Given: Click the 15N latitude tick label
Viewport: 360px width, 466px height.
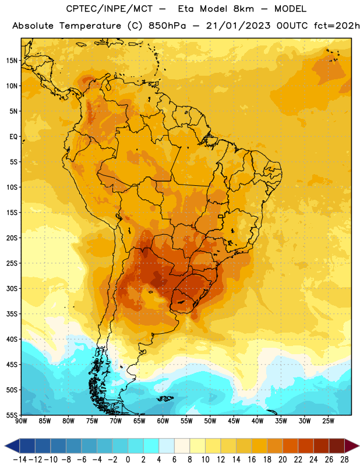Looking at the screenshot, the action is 12,61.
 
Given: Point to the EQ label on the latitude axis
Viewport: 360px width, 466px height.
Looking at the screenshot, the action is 13,137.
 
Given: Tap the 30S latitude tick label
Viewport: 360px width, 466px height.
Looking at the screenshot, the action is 12,288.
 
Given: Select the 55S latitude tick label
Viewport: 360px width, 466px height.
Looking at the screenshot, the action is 12,415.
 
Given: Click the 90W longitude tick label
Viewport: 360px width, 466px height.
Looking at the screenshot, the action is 21,421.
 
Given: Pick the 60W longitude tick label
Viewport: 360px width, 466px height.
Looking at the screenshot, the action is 163,421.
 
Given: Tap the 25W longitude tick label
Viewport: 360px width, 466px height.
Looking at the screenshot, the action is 328,421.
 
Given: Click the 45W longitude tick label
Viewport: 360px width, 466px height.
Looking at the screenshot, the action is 234,421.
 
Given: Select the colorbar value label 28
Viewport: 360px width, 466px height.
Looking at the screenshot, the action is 344,460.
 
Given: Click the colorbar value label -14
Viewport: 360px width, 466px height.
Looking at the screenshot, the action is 20,460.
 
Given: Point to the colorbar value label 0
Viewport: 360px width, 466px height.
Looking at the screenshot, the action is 128,460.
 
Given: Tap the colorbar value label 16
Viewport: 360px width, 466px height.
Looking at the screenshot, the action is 252,460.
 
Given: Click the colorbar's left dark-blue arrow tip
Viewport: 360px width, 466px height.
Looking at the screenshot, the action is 5,446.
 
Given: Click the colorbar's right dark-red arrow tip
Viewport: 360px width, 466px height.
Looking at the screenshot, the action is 359,446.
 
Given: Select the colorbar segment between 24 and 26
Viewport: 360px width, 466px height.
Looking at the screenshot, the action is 322,446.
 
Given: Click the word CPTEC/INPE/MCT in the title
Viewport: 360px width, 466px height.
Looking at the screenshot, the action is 110,9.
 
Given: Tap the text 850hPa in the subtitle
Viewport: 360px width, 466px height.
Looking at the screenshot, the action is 167,26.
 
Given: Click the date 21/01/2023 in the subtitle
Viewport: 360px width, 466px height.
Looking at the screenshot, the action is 238,26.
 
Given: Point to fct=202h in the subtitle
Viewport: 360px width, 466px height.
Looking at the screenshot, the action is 337,26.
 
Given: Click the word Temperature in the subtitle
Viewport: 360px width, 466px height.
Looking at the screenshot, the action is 90,26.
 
